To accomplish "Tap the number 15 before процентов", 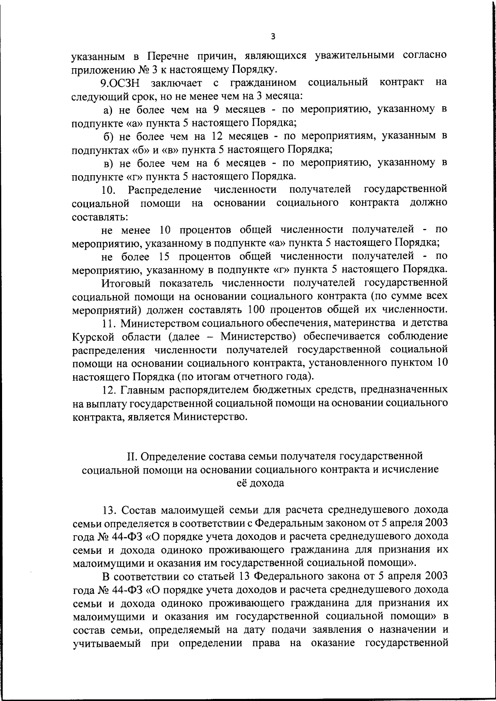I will coord(165,256).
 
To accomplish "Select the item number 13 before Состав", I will coord(110,510).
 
